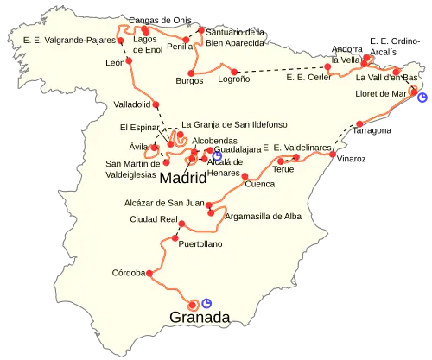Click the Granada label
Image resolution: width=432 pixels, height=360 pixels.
[x=200, y=317]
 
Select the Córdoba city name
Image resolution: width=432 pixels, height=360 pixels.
[x=129, y=273]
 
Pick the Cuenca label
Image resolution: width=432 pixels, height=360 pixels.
[x=260, y=183]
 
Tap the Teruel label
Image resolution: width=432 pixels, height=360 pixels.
[x=283, y=169]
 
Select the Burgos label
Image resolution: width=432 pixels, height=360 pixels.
[x=188, y=80]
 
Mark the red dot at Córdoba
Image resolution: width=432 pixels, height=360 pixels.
[x=150, y=274]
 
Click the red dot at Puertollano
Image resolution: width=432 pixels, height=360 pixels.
[x=175, y=237]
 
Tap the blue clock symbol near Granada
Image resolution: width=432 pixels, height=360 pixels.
[x=206, y=301]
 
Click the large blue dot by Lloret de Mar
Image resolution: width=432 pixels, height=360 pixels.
[x=422, y=98]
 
